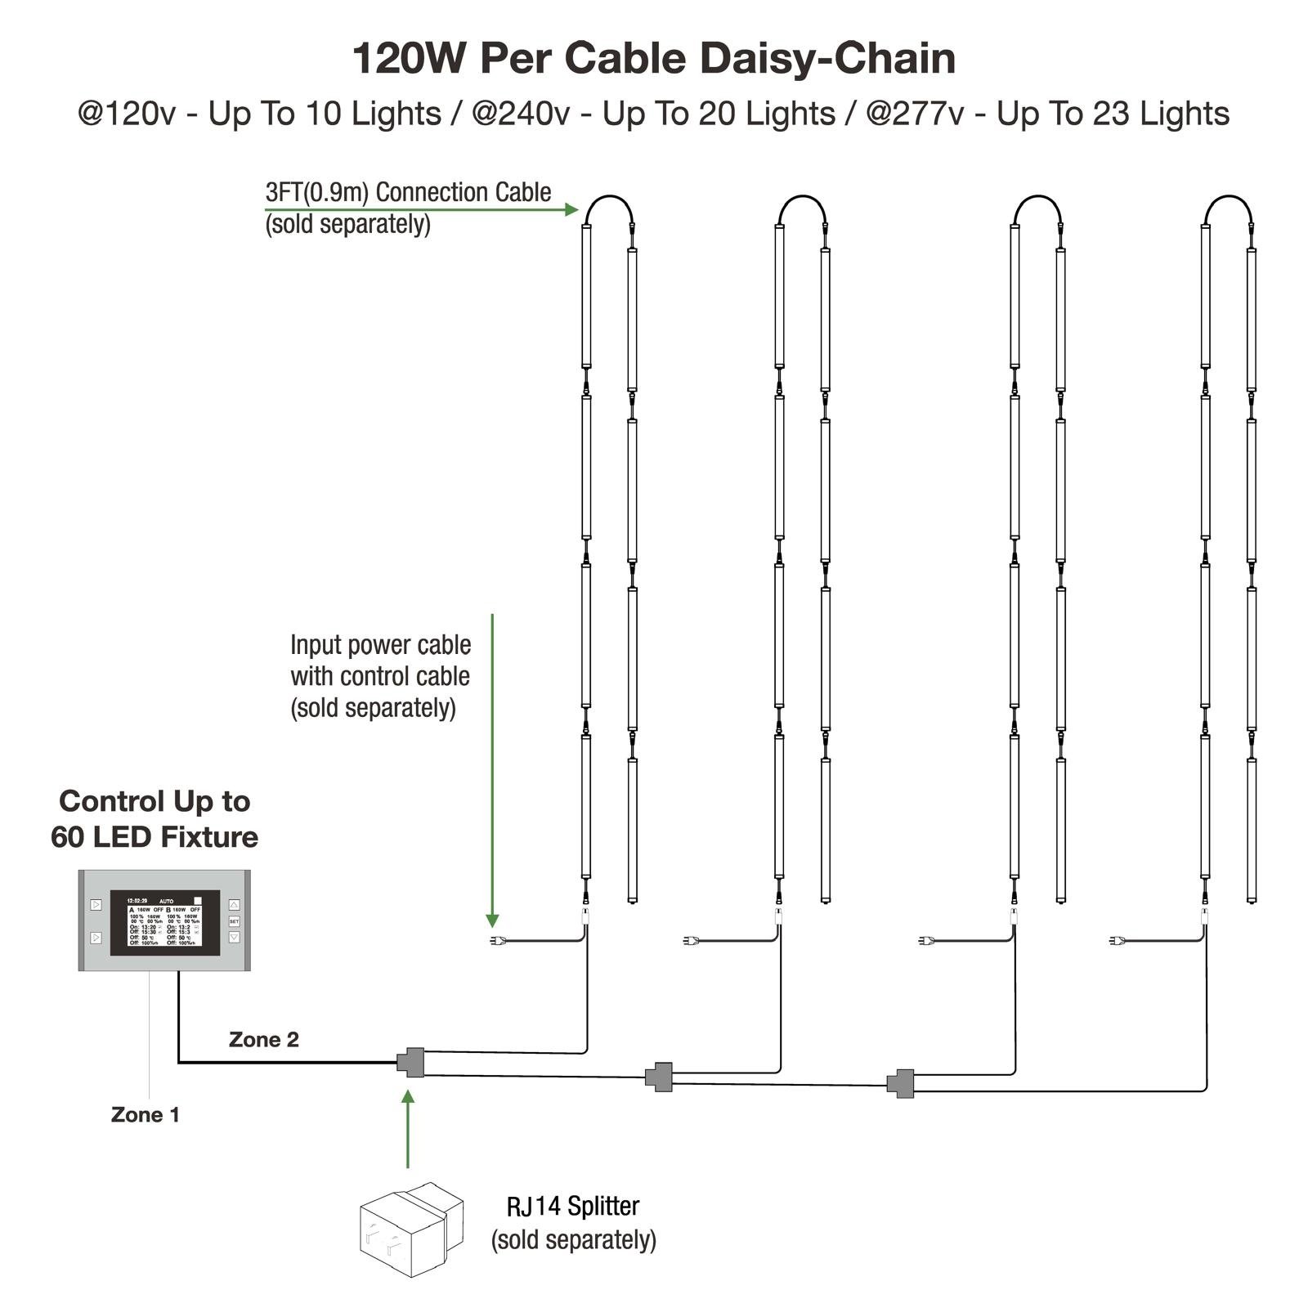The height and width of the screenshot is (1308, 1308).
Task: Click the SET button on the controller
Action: [x=234, y=921]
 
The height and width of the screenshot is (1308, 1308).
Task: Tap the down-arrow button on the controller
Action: [x=234, y=938]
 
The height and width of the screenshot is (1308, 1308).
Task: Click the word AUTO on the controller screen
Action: [x=166, y=901]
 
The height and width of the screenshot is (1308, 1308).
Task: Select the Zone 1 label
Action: [x=145, y=1115]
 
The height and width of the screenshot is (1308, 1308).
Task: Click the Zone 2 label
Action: [x=263, y=1040]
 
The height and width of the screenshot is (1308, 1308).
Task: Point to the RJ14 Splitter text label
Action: [x=573, y=1207]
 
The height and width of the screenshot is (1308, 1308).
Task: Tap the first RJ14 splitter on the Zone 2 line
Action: [x=411, y=1063]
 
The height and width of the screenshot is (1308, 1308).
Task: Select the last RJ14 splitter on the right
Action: [x=901, y=1083]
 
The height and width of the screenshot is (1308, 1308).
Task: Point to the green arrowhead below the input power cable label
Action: [x=492, y=919]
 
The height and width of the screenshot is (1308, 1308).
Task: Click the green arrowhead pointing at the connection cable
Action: [x=571, y=209]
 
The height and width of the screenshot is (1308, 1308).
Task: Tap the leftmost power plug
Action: [x=495, y=941]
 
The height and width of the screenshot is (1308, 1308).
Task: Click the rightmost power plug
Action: [x=1116, y=941]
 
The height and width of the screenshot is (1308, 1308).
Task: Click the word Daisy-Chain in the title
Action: [x=827, y=59]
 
